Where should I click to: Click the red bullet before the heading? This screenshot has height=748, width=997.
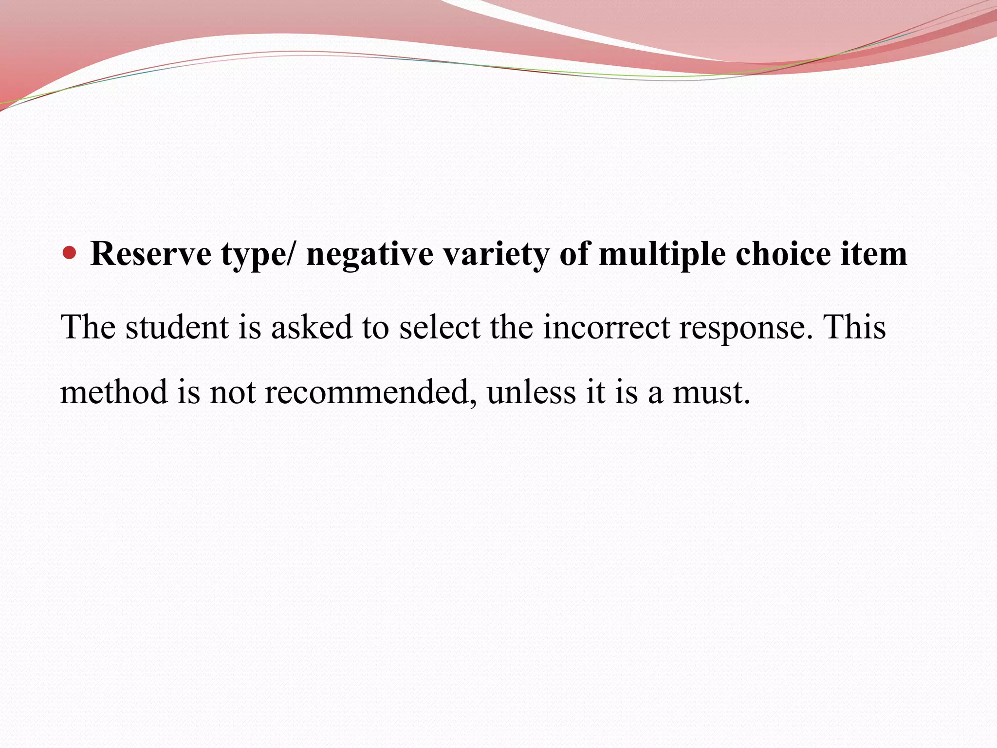tap(71, 253)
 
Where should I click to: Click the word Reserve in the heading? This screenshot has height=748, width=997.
tap(151, 254)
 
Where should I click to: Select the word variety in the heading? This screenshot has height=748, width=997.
tap(496, 254)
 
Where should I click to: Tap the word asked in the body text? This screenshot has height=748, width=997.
tap(312, 327)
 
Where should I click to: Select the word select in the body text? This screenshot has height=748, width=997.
tap(440, 327)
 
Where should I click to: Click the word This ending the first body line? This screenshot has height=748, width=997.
tap(854, 327)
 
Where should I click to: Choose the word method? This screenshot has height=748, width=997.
tap(114, 392)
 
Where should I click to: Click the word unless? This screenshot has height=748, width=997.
tap(531, 392)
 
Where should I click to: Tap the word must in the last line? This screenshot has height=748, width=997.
tap(711, 393)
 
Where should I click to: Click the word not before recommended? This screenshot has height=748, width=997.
tap(232, 393)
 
